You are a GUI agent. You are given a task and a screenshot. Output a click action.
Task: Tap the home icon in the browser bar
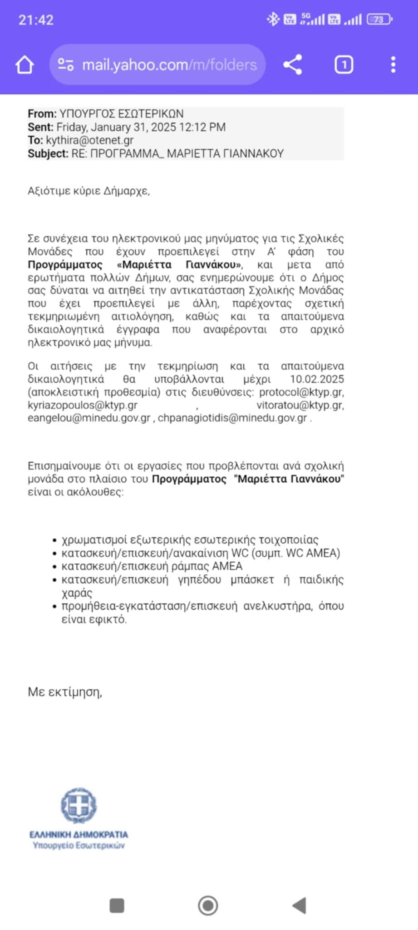click(x=25, y=65)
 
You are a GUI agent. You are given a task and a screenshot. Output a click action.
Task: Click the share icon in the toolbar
click(x=293, y=64)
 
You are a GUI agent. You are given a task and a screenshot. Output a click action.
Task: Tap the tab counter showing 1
click(x=344, y=64)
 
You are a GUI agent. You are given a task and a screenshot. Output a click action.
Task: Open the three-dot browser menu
click(x=393, y=64)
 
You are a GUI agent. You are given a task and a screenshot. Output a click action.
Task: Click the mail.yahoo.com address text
click(x=169, y=65)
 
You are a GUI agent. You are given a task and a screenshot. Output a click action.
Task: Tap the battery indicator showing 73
click(x=379, y=20)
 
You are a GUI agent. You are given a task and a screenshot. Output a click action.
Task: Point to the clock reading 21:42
click(x=36, y=20)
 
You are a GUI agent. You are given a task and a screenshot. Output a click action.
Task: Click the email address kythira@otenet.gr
click(x=89, y=140)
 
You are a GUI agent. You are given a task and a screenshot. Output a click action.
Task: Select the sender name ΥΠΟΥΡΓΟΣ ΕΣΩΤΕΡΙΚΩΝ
click(x=121, y=114)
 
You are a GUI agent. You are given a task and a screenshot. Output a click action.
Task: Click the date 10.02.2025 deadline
click(x=317, y=379)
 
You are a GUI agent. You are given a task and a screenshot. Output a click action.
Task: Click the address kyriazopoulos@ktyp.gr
click(x=83, y=405)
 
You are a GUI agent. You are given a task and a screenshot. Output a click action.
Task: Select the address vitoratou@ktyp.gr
click(x=300, y=405)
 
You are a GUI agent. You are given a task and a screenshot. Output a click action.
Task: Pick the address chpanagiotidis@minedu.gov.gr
click(x=232, y=418)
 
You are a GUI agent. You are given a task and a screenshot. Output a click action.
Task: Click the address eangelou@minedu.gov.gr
click(x=89, y=418)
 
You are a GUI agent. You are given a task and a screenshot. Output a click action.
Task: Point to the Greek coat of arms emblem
click(x=79, y=806)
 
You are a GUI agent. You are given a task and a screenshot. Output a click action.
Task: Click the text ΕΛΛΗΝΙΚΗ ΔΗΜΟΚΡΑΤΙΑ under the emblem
click(x=79, y=834)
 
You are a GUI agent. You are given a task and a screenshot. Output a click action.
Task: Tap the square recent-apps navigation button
click(x=117, y=905)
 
